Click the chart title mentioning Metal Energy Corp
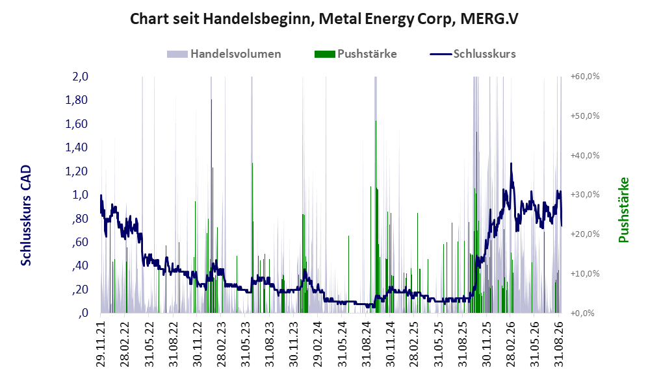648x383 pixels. (324, 19)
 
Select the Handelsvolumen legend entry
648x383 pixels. (224, 54)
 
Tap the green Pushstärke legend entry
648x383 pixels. (356, 54)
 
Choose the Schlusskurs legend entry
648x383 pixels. (473, 54)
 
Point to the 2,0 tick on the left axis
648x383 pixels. (80, 77)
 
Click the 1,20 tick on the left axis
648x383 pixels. (77, 171)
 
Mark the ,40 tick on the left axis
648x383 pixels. (79, 266)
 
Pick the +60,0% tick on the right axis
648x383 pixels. (585, 77)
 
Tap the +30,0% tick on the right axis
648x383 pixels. (585, 194)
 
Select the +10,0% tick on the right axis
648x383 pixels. (585, 273)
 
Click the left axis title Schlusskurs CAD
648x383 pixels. (26, 216)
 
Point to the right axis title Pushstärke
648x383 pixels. (623, 210)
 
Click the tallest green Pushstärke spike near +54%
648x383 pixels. (211, 206)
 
